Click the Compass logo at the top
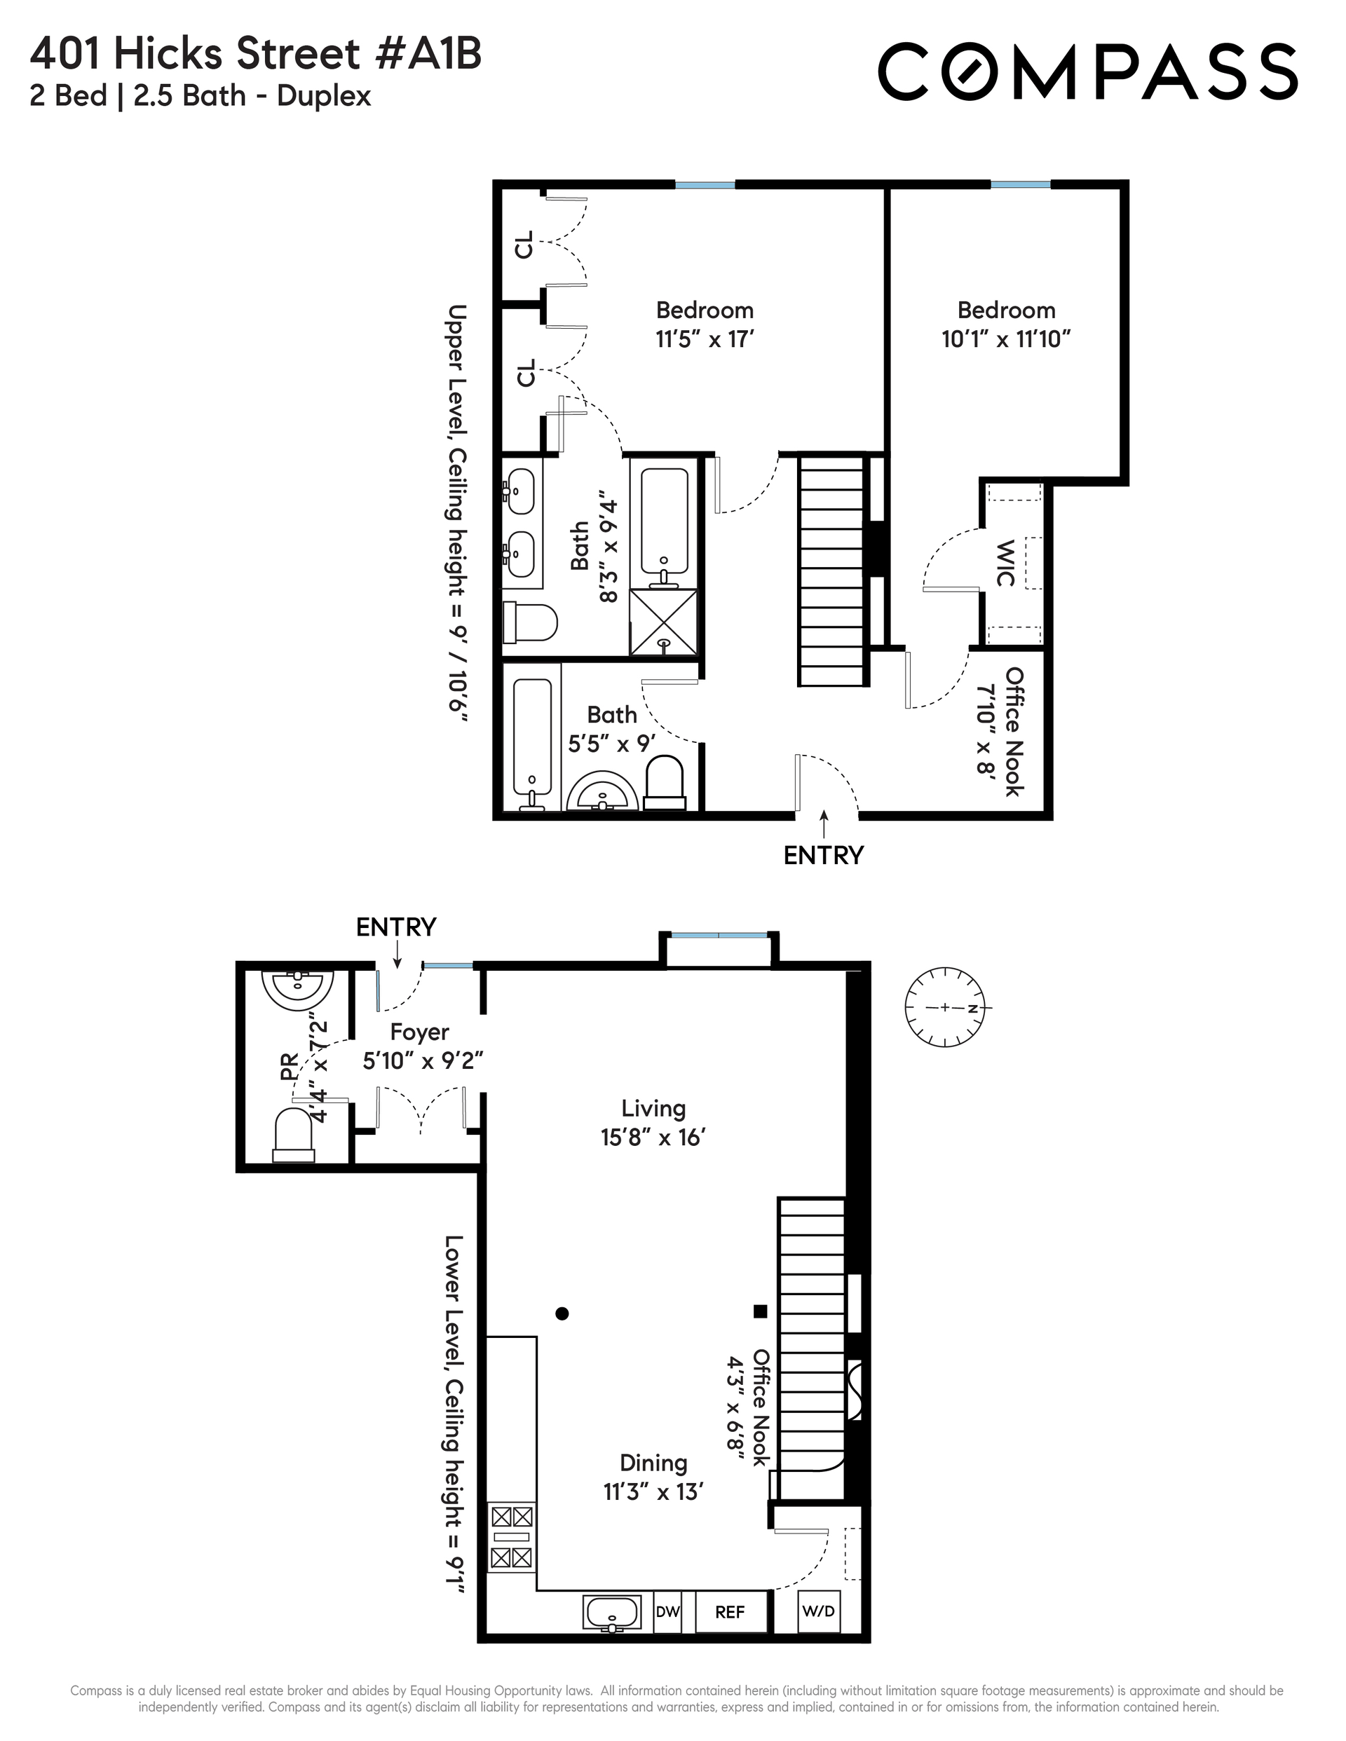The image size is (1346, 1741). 1087,71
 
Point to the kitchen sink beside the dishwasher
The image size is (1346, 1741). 611,1613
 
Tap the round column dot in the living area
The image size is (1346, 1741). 562,1313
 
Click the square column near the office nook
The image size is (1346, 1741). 761,1311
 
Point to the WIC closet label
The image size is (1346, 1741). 1005,563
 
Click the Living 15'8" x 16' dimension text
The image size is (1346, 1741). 654,1138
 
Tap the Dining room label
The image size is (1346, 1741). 654,1463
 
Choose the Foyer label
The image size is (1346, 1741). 419,1032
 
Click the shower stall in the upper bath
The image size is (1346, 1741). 663,622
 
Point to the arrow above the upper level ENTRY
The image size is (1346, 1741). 824,824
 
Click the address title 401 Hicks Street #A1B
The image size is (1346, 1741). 256,54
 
